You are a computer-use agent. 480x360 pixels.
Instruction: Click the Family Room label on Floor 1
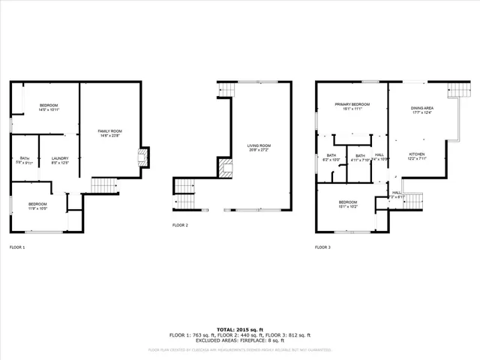109,131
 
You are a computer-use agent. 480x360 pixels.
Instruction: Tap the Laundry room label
60,158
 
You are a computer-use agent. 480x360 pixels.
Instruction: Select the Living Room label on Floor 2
259,145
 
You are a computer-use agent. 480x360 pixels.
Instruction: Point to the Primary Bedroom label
349,105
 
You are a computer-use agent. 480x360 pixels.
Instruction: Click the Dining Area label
422,109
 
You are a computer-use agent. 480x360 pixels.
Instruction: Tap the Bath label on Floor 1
25,157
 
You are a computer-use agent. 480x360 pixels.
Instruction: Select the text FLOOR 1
17,247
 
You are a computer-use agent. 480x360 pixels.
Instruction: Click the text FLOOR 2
180,225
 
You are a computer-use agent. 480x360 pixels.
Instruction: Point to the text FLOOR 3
322,247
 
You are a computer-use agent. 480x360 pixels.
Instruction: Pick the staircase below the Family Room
105,184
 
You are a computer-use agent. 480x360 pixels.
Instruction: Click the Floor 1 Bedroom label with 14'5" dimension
49,105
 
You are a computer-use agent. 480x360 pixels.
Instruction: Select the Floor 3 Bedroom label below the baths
347,202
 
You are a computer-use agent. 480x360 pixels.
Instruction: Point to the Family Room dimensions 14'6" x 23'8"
109,136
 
